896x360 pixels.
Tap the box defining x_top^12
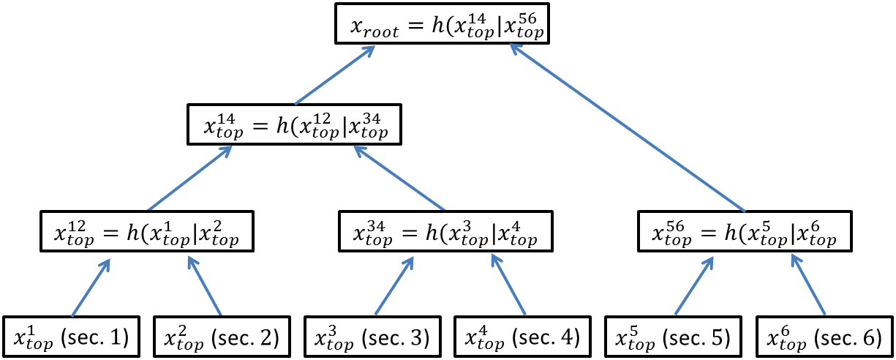click(147, 231)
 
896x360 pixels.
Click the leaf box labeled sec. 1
click(72, 337)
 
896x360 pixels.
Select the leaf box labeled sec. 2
click(222, 337)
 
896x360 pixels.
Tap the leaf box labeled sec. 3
click(373, 337)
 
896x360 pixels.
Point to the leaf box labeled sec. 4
click(523, 337)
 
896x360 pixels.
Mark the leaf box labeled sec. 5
click(674, 337)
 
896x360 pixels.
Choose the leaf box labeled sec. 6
click(824, 337)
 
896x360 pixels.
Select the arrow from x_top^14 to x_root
click(336, 74)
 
